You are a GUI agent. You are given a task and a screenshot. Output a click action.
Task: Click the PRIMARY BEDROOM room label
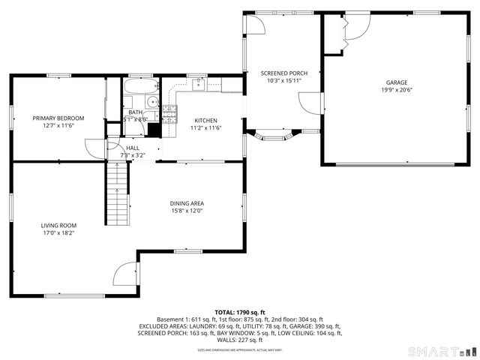(58, 118)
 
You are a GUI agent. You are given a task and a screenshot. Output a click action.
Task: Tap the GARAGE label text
(397, 82)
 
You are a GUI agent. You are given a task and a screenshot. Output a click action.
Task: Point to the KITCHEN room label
(205, 120)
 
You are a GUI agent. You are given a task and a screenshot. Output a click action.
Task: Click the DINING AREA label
(187, 203)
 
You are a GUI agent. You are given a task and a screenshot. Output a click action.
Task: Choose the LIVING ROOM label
(58, 225)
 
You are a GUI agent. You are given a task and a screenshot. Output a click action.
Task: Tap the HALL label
(133, 148)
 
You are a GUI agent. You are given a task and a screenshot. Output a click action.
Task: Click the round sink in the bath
(151, 103)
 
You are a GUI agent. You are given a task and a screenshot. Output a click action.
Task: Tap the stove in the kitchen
(170, 113)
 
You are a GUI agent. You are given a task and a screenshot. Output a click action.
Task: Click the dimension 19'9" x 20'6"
(397, 89)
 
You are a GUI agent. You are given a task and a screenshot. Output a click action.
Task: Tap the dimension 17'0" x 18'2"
(58, 232)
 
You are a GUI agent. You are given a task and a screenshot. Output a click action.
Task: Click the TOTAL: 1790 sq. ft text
(239, 312)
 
